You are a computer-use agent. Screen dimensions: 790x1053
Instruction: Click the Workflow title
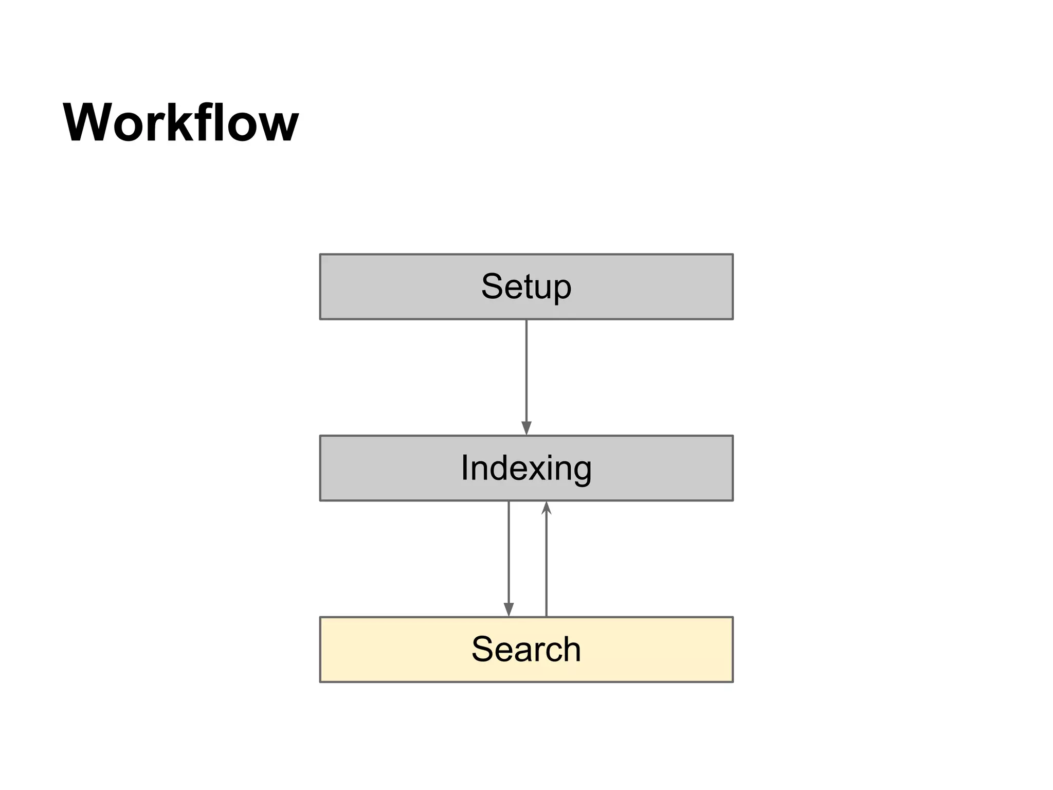(180, 123)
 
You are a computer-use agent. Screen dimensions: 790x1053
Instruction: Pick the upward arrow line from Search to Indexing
(546, 566)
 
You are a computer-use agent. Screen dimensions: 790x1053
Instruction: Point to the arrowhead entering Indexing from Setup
(526, 428)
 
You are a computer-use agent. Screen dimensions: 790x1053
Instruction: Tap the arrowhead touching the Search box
(509, 609)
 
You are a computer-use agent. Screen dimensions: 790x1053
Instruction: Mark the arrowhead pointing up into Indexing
(546, 509)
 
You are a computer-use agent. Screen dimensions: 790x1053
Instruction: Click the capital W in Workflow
(89, 123)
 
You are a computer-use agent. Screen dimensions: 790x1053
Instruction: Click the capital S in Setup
(492, 286)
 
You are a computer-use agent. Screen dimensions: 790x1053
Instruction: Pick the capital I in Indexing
(465, 468)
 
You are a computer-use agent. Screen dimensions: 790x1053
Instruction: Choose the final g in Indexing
(581, 472)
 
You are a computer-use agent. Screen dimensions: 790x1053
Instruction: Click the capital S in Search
(483, 649)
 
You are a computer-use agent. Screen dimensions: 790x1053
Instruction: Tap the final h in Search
(571, 649)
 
